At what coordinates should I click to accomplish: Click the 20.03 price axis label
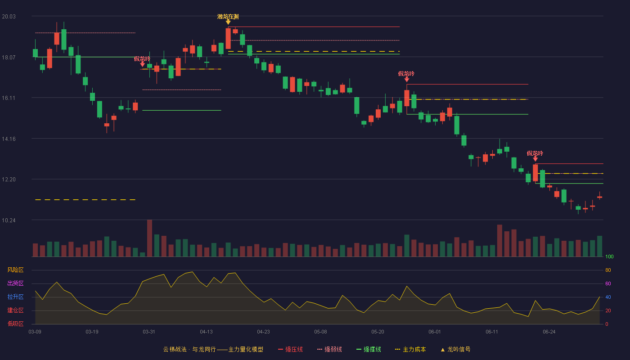click(x=9, y=17)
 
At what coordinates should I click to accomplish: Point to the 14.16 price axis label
click(x=9, y=139)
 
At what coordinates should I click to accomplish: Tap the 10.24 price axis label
click(x=9, y=220)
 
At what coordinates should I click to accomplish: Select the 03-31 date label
click(x=149, y=332)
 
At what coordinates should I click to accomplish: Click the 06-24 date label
click(x=549, y=332)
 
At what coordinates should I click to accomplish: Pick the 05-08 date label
click(x=320, y=332)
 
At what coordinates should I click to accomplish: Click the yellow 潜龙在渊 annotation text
click(x=228, y=17)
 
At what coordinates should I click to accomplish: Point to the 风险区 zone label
click(x=15, y=270)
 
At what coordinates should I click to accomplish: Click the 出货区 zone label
click(x=15, y=283)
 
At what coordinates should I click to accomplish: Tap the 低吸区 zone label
click(x=15, y=324)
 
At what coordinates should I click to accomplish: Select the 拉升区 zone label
click(x=15, y=297)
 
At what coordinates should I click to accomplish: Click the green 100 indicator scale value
click(x=609, y=256)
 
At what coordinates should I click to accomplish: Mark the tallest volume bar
click(x=149, y=238)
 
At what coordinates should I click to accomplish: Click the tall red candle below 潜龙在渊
click(x=228, y=39)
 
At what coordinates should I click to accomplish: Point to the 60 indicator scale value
click(x=608, y=283)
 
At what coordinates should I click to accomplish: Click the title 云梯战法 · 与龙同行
click(x=189, y=349)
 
